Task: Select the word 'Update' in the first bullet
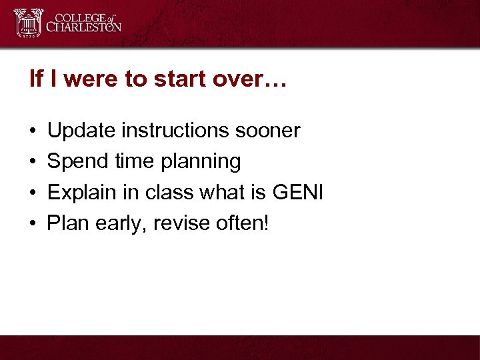(x=81, y=131)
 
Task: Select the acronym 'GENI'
(x=298, y=193)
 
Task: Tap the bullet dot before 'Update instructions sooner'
(x=33, y=131)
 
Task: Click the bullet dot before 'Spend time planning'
(x=33, y=162)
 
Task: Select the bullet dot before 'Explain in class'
(x=33, y=193)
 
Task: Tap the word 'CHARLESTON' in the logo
(x=83, y=28)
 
